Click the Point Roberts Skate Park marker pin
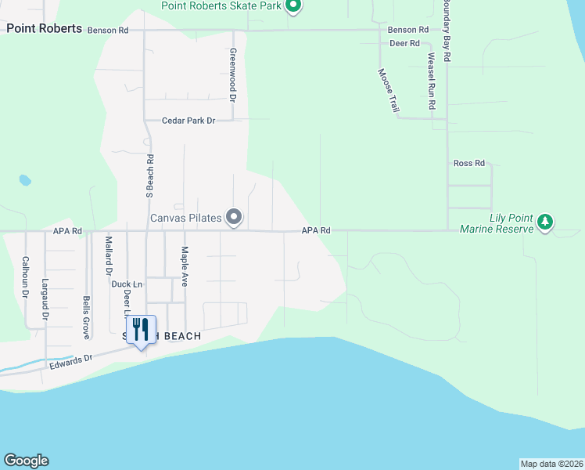293,7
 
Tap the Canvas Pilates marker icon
234,217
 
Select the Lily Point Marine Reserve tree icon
546,223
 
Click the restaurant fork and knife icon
141,329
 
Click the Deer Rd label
404,43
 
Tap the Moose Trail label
388,90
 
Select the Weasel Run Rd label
431,81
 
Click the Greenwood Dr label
232,76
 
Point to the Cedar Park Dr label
188,121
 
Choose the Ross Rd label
469,163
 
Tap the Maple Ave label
185,266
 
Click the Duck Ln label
127,284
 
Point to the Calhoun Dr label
25,277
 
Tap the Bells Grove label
86,317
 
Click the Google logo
26,461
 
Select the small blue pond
25,180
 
